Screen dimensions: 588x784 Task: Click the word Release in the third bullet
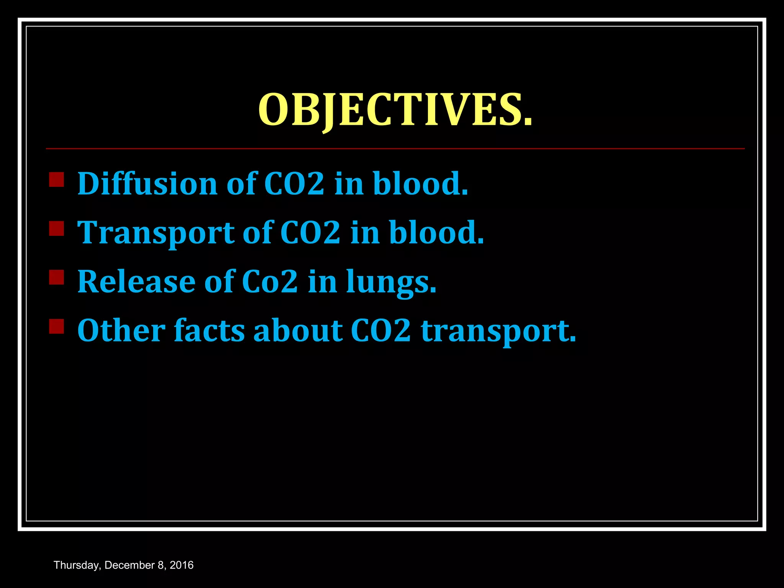tap(136, 282)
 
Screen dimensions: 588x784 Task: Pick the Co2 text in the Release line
tap(270, 282)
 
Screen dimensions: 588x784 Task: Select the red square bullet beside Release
tap(57, 277)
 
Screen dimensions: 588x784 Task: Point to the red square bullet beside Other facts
tap(57, 326)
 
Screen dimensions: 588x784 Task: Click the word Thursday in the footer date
tap(77, 565)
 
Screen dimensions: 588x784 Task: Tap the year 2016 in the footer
tap(181, 565)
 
